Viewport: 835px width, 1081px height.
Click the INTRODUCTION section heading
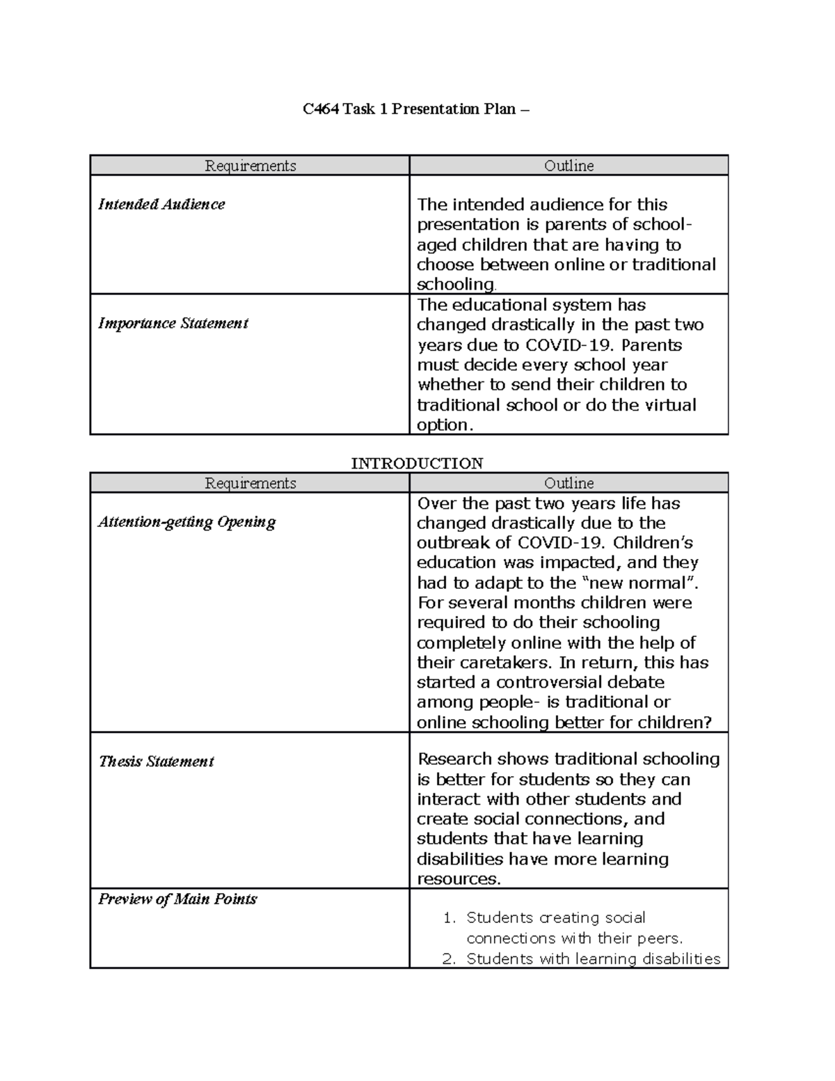(417, 464)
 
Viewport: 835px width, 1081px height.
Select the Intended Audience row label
(161, 205)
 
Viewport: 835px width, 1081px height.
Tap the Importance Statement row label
(173, 324)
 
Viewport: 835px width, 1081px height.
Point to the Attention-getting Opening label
(186, 522)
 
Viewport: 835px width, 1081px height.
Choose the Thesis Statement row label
(156, 762)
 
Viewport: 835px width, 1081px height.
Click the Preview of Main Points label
(177, 899)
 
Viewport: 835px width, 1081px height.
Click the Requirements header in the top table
(250, 166)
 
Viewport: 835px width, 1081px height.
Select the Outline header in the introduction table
(568, 483)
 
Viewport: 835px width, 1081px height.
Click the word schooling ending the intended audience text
(455, 285)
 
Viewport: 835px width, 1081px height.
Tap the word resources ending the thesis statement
(456, 879)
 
